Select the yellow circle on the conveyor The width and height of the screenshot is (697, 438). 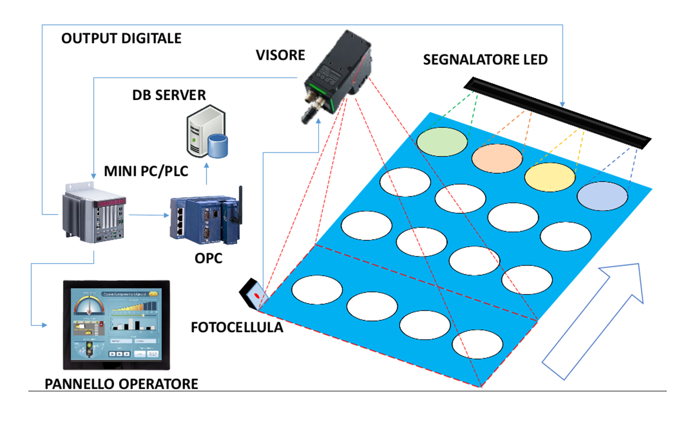coord(550,176)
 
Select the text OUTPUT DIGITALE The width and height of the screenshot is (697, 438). coord(121,39)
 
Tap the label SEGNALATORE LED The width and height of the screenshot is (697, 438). coord(485,60)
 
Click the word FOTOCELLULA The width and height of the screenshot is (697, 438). coord(237,327)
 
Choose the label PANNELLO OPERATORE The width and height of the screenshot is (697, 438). coord(121,384)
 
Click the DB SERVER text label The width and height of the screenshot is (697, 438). coord(169,95)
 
